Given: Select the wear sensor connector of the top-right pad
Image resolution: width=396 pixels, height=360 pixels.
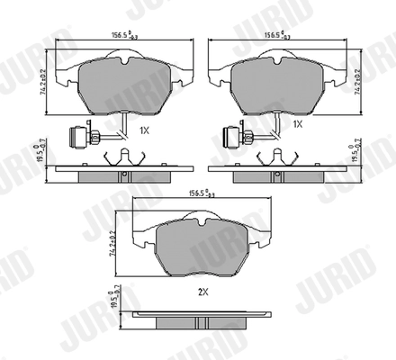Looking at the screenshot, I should [229, 138].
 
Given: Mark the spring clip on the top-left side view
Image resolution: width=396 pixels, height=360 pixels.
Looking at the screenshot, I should [120, 159].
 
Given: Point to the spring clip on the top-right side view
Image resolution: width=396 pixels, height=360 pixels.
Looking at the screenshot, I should [273, 159].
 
